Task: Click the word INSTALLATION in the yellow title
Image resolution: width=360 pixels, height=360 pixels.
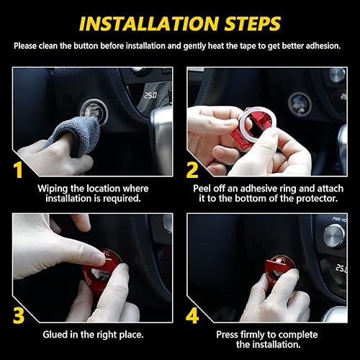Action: tap(148, 24)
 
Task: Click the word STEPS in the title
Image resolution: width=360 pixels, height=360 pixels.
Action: tap(253, 24)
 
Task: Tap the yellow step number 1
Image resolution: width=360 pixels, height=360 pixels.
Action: tap(18, 170)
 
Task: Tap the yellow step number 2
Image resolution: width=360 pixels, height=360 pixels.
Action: tap(192, 170)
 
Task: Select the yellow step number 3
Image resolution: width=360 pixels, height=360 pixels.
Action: tap(19, 315)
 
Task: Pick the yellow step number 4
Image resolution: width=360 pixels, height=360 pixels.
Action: tap(192, 315)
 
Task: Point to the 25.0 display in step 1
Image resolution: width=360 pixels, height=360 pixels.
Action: tap(150, 96)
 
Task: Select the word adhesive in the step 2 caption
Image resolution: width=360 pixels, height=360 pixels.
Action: tap(259, 189)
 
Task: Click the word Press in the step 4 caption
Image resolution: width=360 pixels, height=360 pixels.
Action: tap(227, 335)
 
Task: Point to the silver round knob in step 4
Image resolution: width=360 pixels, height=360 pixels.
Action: tap(334, 235)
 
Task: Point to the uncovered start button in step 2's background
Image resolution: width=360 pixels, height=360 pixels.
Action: tap(300, 104)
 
